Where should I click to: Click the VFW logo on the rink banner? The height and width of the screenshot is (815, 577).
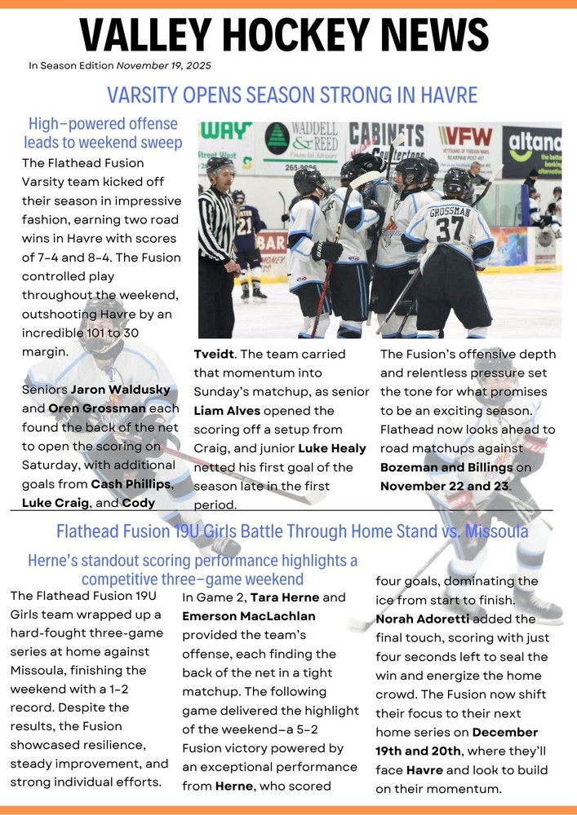click(x=465, y=137)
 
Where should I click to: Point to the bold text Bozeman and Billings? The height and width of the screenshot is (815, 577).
click(x=446, y=467)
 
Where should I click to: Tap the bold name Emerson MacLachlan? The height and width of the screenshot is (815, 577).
click(x=248, y=616)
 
